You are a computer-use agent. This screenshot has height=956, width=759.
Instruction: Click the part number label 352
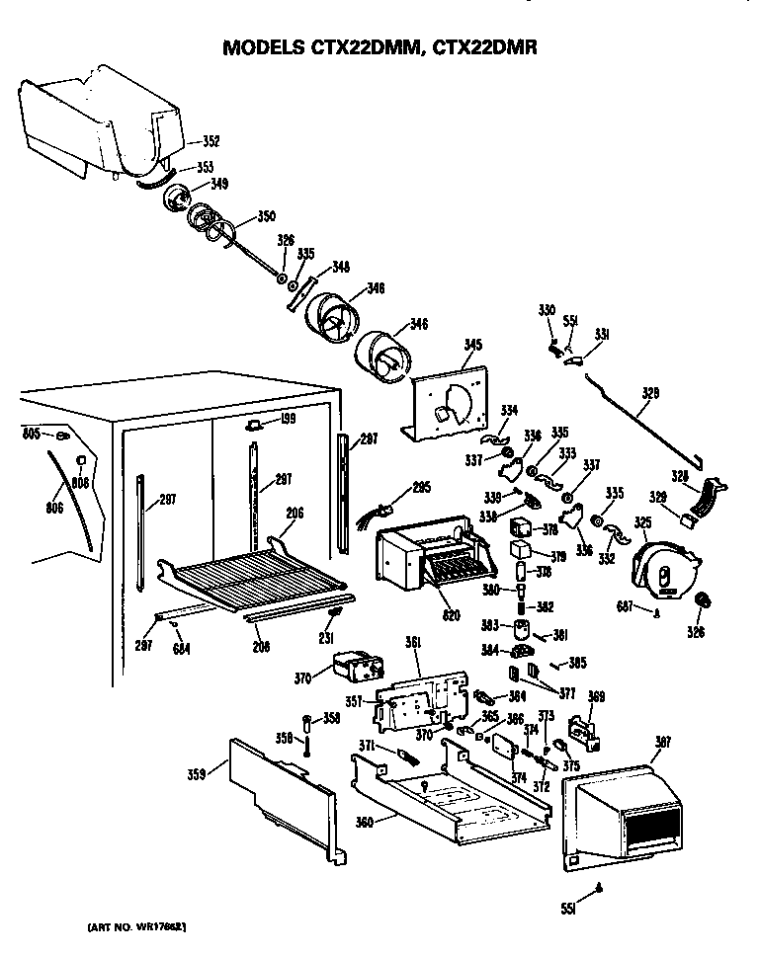click(x=211, y=140)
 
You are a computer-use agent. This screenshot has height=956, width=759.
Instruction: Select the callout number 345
click(x=473, y=345)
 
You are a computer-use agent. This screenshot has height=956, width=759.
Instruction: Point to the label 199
click(x=288, y=420)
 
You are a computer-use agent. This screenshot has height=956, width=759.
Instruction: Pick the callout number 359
click(x=196, y=774)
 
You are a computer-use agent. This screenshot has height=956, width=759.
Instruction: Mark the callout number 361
click(x=413, y=643)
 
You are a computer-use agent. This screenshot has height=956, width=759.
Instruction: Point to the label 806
click(x=53, y=508)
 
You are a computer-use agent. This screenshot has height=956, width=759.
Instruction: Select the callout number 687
click(x=625, y=606)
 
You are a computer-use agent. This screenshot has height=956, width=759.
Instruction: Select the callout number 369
click(x=596, y=696)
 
